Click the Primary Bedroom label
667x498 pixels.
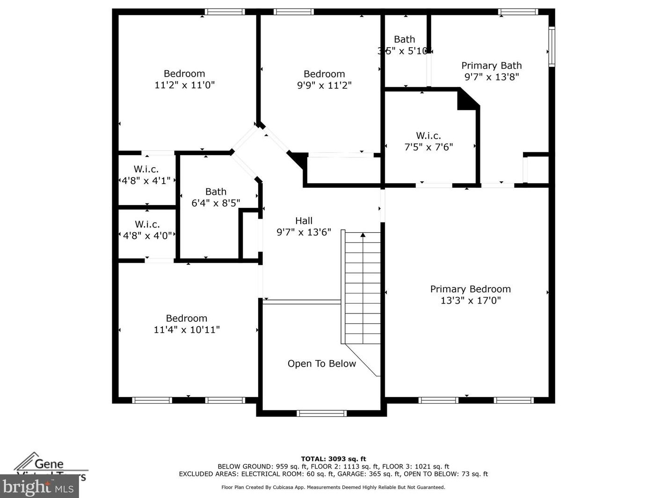(x=470, y=289)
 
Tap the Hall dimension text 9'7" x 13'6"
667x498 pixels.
(x=304, y=232)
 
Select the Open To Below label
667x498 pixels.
(x=321, y=363)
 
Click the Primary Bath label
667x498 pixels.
(x=491, y=66)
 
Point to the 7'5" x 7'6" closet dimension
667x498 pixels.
(x=428, y=147)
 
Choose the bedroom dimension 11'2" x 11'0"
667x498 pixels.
(x=184, y=85)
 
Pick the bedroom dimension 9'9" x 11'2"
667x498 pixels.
(x=324, y=85)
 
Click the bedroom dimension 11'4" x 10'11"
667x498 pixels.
(x=187, y=330)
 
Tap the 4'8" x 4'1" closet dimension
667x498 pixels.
(x=146, y=181)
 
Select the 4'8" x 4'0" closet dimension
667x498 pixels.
(x=147, y=236)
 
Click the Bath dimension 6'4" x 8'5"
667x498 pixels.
(x=216, y=203)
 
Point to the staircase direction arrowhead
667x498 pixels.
(x=363, y=235)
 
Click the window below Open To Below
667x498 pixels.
(x=322, y=413)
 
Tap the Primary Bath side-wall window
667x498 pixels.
(x=551, y=47)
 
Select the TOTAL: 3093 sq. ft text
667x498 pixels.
(x=333, y=459)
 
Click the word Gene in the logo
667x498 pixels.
(x=49, y=464)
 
